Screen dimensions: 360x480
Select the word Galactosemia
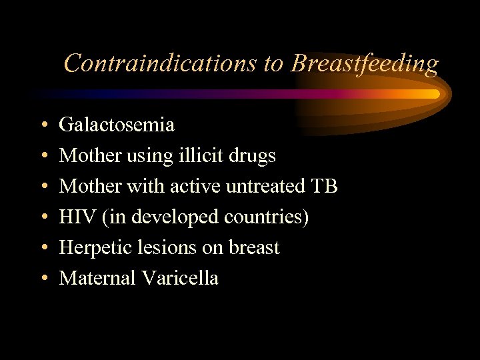pyautogui.click(x=117, y=125)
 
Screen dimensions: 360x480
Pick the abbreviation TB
pyautogui.click(x=324, y=186)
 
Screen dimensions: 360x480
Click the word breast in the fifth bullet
pyautogui.click(x=254, y=247)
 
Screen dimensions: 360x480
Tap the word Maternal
pyautogui.click(x=97, y=278)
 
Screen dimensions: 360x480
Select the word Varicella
pyautogui.click(x=180, y=278)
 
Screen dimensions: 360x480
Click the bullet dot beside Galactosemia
pyautogui.click(x=43, y=125)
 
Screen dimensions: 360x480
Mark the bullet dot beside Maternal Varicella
pyautogui.click(x=43, y=279)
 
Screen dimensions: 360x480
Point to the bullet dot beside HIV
pyautogui.click(x=43, y=217)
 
